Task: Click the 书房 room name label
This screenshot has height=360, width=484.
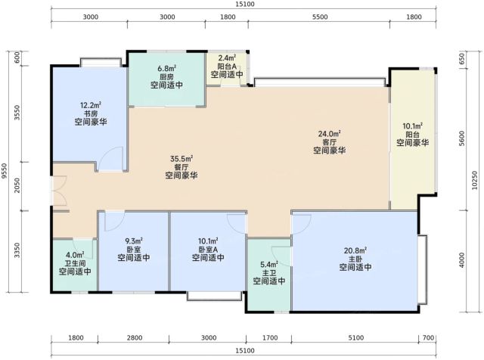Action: pyautogui.click(x=90, y=113)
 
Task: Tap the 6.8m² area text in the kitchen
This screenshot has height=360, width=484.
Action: pyautogui.click(x=166, y=68)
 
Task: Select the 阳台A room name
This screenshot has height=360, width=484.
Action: pyautogui.click(x=227, y=66)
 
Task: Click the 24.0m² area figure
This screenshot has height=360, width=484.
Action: pyautogui.click(x=330, y=134)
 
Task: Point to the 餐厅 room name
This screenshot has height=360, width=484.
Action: pyautogui.click(x=181, y=167)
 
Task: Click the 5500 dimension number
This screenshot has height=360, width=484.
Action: pyautogui.click(x=320, y=17)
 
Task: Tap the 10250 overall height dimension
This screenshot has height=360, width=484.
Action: pyautogui.click(x=475, y=180)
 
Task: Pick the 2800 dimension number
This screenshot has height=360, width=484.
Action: pyautogui.click(x=135, y=338)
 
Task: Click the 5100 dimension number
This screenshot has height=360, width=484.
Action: pyautogui.click(x=356, y=338)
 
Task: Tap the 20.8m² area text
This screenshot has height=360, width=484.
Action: pyautogui.click(x=355, y=250)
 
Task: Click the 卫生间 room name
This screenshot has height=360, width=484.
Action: pyautogui.click(x=75, y=263)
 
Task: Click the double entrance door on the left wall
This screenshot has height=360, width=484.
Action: pyautogui.click(x=59, y=191)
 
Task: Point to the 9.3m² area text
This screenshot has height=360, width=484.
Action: pyautogui.click(x=134, y=241)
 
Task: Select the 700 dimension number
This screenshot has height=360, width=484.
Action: pyautogui.click(x=429, y=338)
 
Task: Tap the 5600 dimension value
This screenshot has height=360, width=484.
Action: pyautogui.click(x=462, y=138)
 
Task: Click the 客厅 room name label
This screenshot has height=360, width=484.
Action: pyautogui.click(x=330, y=142)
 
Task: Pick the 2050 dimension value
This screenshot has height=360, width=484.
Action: pyautogui.click(x=17, y=185)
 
